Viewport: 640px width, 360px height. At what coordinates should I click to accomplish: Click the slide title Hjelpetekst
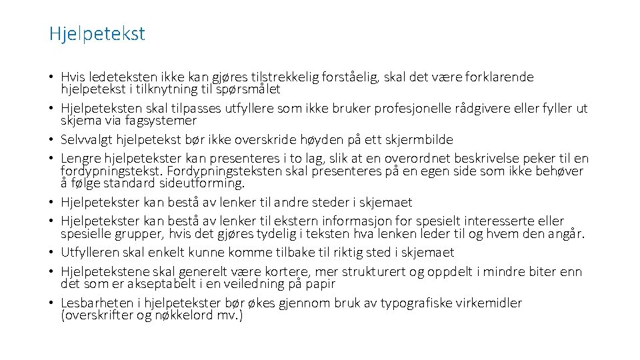tap(97, 33)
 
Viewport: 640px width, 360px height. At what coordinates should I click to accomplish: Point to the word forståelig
tap(350, 77)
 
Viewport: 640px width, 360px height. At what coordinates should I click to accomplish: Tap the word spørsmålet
tap(251, 89)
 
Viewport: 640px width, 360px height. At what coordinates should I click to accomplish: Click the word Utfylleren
tap(90, 253)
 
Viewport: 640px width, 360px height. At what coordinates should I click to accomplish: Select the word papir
tap(321, 284)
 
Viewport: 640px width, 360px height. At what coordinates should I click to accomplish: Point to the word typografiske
tap(421, 303)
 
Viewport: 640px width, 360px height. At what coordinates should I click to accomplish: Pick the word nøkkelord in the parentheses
tap(194, 315)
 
